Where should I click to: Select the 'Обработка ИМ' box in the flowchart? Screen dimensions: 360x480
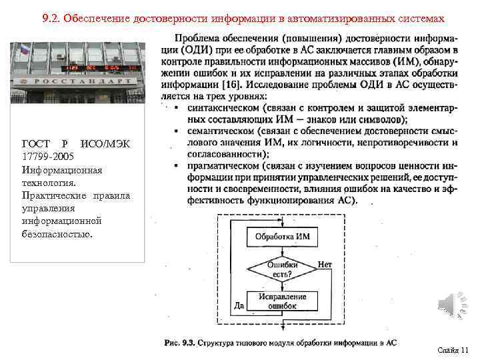click(282, 237)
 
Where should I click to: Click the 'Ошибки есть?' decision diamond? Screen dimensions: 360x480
click(282, 269)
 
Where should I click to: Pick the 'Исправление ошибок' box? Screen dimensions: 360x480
click(282, 300)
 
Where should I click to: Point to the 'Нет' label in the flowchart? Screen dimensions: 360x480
click(325, 265)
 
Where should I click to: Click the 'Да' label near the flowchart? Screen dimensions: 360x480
click(239, 305)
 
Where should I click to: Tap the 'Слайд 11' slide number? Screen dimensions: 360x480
click(453, 349)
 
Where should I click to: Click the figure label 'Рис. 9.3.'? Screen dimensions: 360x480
click(179, 343)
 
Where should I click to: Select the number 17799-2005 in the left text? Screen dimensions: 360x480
click(46, 157)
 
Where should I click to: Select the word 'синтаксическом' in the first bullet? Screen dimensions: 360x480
click(223, 107)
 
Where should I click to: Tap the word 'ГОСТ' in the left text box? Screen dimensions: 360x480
click(35, 144)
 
